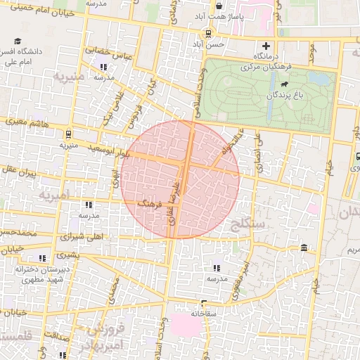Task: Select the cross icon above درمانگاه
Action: (x=266, y=45)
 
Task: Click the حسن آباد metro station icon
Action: (x=207, y=33)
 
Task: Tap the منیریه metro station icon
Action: (x=68, y=134)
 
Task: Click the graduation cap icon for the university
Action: (x=18, y=41)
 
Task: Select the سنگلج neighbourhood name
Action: (x=247, y=224)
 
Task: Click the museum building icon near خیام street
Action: (x=303, y=248)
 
